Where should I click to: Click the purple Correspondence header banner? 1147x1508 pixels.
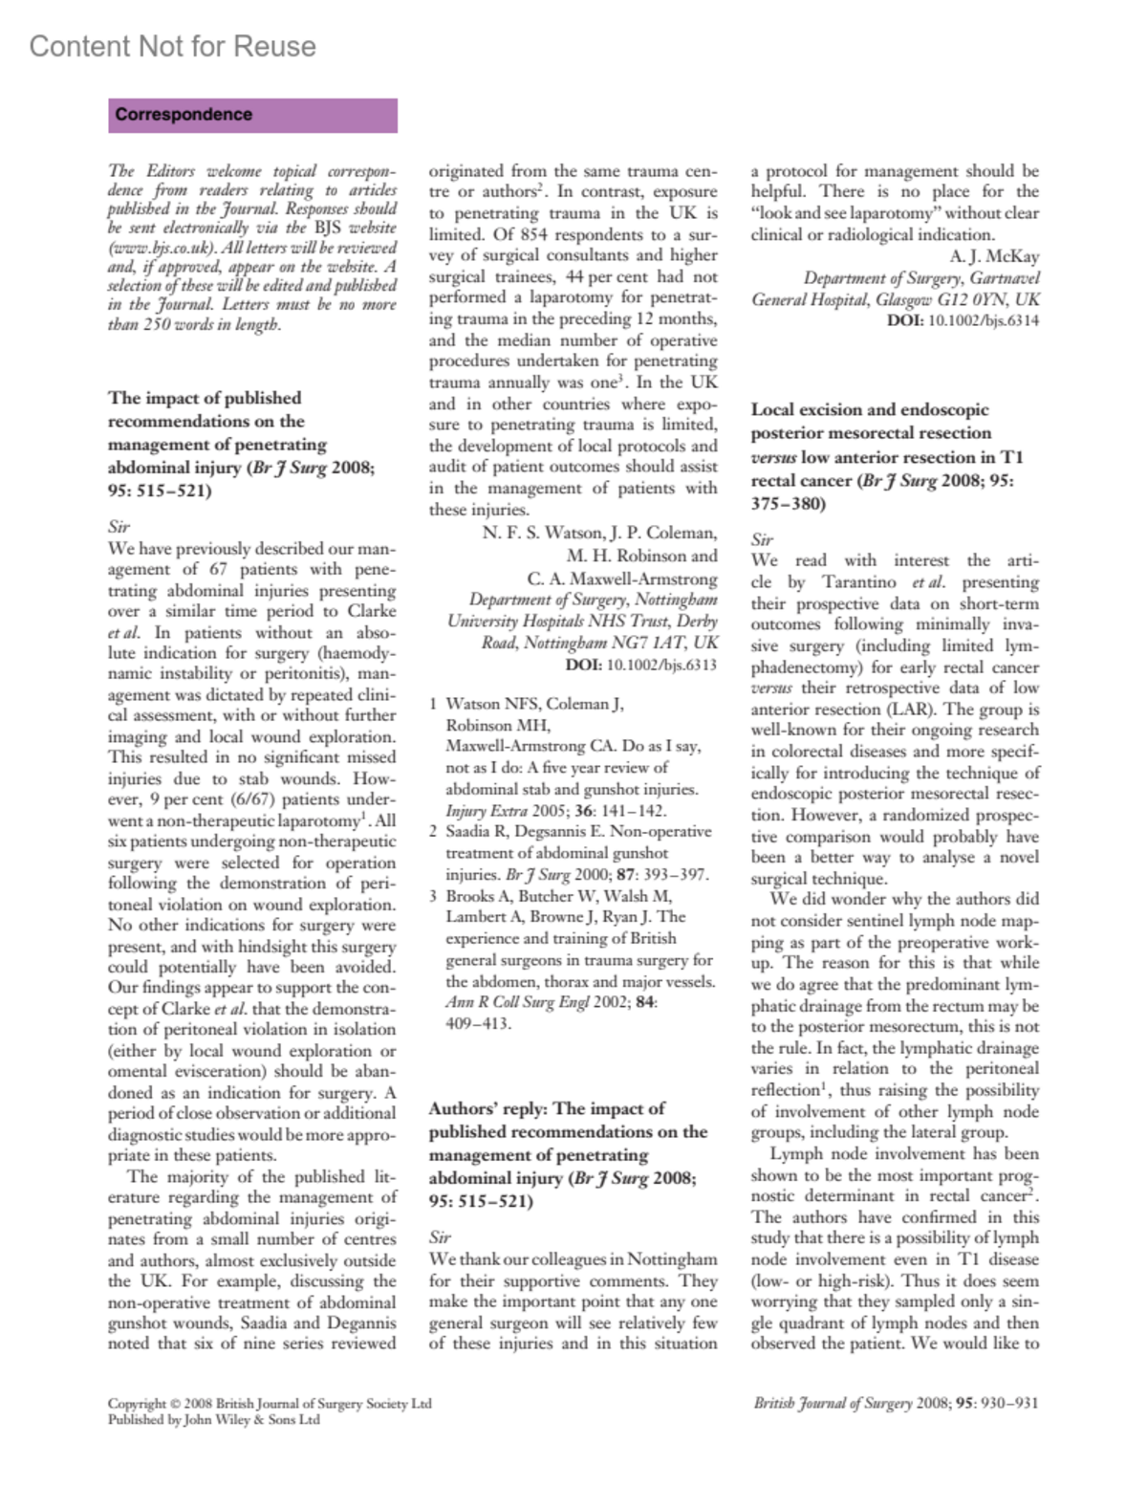[x=252, y=115]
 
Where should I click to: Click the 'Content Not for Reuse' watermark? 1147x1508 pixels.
[x=172, y=46]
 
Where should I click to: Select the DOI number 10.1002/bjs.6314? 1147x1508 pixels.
[x=984, y=320]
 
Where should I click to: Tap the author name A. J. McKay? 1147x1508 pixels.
[x=994, y=256]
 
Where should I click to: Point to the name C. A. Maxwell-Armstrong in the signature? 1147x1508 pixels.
[x=622, y=579]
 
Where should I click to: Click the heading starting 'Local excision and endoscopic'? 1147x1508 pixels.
[x=870, y=410]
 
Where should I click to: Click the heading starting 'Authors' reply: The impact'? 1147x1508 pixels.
[x=547, y=1109]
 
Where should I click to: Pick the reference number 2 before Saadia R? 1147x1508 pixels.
[x=433, y=832]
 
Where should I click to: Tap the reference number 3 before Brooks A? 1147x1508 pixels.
[x=433, y=896]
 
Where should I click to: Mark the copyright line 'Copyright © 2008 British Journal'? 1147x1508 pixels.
[x=270, y=1403]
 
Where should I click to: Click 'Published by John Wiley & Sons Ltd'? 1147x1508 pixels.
[x=214, y=1420]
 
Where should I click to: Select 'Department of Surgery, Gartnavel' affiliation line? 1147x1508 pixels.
[x=921, y=278]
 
